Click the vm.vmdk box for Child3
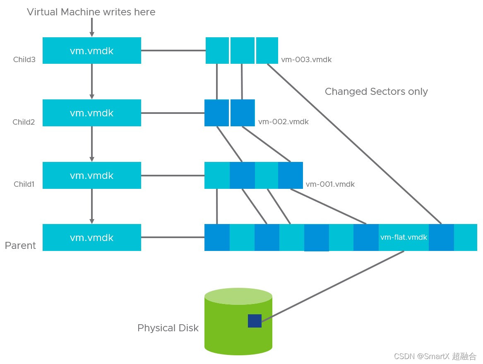click(92, 51)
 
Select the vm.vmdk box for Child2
click(92, 113)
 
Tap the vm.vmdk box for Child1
click(92, 175)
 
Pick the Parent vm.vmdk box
click(92, 237)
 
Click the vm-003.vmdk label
click(306, 60)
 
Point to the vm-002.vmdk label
click(284, 122)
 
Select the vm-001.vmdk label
click(330, 184)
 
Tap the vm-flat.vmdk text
click(404, 237)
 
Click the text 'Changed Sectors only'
click(376, 92)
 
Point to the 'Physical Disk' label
click(168, 328)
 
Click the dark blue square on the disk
click(255, 321)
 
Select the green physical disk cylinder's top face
click(238, 296)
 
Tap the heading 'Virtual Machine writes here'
click(91, 12)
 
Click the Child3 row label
click(24, 60)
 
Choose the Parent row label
click(20, 246)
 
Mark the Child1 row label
click(24, 184)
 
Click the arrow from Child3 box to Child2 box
click(92, 82)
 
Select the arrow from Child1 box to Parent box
click(92, 206)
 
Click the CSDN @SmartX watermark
click(435, 356)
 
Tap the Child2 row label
click(24, 122)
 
